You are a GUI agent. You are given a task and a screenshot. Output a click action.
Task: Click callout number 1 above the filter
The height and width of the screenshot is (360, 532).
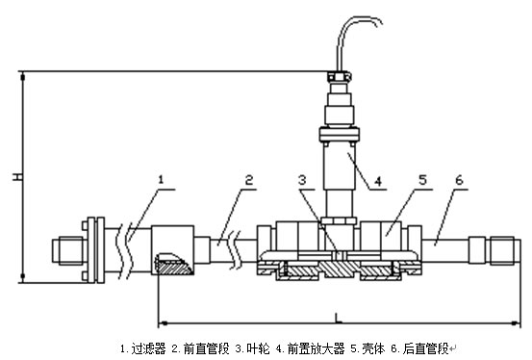tap(161, 179)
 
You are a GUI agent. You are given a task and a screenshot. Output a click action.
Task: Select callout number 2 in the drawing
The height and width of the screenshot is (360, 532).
tap(249, 180)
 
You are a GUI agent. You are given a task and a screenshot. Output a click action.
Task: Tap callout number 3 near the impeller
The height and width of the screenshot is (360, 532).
tap(302, 180)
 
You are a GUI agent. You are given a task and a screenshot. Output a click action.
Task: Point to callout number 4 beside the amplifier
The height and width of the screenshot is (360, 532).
tap(378, 181)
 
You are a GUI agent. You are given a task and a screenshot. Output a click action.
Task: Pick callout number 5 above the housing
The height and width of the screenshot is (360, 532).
tap(422, 180)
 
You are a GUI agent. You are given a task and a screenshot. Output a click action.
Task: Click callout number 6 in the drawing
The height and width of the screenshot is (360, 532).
tap(459, 180)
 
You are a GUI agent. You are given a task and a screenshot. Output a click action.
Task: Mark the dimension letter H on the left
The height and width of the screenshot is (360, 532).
tap(17, 177)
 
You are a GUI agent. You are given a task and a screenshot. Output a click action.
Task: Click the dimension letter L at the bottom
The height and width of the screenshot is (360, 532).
tap(338, 318)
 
